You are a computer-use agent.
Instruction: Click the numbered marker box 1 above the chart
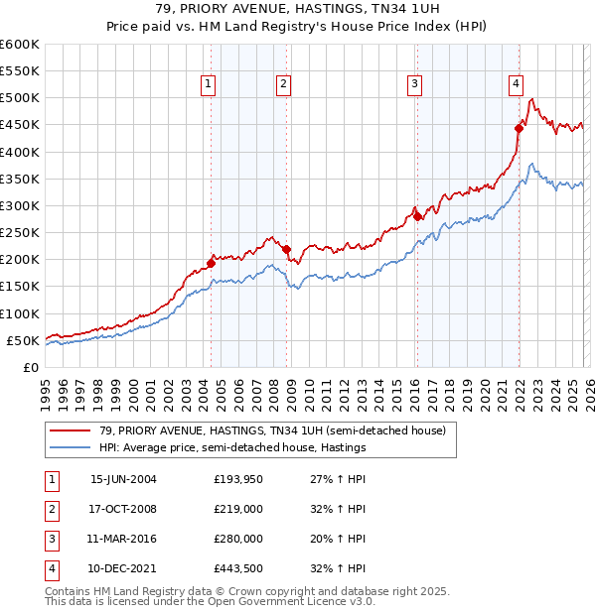pyautogui.click(x=209, y=85)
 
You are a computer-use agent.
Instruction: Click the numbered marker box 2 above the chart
pyautogui.click(x=283, y=85)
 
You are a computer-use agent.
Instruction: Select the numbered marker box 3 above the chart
pyautogui.click(x=413, y=85)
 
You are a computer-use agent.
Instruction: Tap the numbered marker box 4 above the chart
pyautogui.click(x=517, y=85)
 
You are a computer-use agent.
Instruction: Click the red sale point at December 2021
pyautogui.click(x=519, y=128)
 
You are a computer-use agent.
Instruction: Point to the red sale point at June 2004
pyautogui.click(x=211, y=263)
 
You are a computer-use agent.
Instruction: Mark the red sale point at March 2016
pyautogui.click(x=417, y=216)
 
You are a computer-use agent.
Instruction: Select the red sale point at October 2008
pyautogui.click(x=287, y=249)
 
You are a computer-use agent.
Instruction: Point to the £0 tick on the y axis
pyautogui.click(x=30, y=367)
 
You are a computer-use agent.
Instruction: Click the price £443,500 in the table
pyautogui.click(x=238, y=568)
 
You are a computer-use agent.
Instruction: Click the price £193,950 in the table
pyautogui.click(x=238, y=479)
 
